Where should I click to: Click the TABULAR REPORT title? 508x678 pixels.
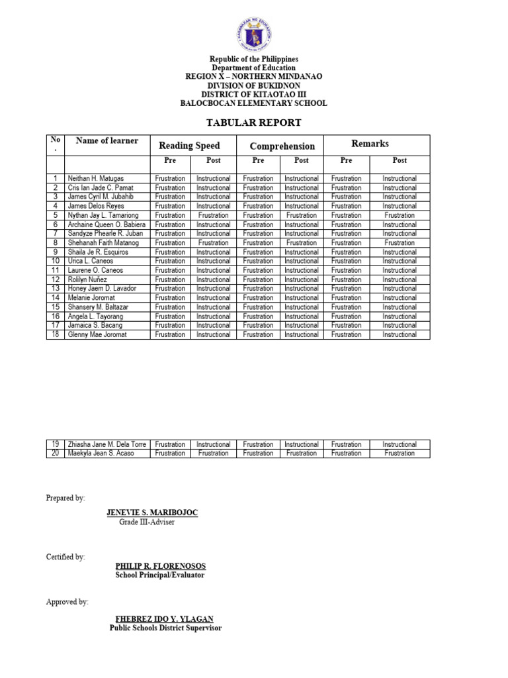(x=254, y=122)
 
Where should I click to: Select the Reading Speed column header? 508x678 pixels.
(x=189, y=146)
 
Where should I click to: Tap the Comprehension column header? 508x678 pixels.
(x=282, y=146)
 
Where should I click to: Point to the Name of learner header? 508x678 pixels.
(x=107, y=141)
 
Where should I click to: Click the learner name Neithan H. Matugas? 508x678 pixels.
(x=96, y=179)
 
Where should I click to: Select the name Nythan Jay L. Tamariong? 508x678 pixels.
(x=104, y=215)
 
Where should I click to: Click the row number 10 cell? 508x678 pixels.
(x=56, y=261)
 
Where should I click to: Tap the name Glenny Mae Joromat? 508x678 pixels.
(x=97, y=334)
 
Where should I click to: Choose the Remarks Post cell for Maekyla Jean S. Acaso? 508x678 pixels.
(x=400, y=454)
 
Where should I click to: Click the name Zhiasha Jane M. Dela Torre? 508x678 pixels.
(x=107, y=444)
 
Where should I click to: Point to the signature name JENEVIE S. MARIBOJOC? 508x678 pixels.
(x=152, y=513)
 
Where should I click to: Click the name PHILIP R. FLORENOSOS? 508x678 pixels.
(x=161, y=566)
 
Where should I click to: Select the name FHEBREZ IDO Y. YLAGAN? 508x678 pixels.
(x=165, y=619)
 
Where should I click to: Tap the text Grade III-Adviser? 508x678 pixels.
(x=148, y=522)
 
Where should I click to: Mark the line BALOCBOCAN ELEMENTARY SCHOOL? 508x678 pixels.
(x=254, y=103)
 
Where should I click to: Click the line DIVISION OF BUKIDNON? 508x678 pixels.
(x=254, y=85)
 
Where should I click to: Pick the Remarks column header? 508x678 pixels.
(x=370, y=144)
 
